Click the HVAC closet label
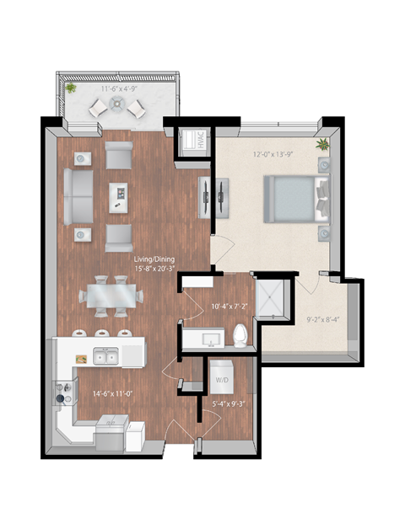(x=191, y=140)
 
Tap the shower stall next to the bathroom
(x=272, y=296)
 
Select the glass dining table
(x=111, y=296)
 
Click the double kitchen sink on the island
(x=105, y=357)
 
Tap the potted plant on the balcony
(x=71, y=88)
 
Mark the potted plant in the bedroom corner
(x=321, y=145)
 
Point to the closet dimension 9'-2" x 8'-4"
(x=322, y=319)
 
